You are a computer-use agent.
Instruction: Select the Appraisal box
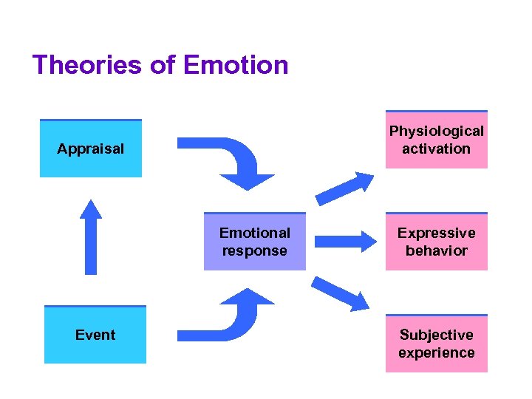[x=90, y=149]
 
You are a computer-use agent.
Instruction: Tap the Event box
[x=95, y=335]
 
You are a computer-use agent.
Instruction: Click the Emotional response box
[x=254, y=242]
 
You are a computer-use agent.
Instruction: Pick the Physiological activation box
[x=436, y=140]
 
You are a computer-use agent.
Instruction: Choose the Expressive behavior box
[x=436, y=242]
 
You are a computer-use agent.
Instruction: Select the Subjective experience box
[x=436, y=344]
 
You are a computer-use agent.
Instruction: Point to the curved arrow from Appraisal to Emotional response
[x=236, y=159]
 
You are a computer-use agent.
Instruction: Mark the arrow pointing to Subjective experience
[x=340, y=293]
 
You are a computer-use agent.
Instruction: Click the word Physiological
[x=436, y=132]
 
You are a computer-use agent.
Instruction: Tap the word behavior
[x=436, y=250]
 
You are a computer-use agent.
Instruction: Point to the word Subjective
[x=436, y=335]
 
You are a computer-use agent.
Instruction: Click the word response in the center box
[x=254, y=250]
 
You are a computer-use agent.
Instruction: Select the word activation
[x=436, y=149]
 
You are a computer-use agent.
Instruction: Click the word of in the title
[x=162, y=65]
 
